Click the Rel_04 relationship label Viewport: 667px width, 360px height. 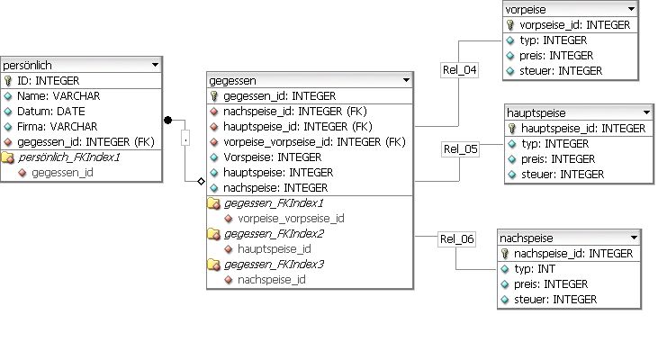click(x=459, y=69)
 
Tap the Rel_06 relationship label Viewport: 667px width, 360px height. click(x=455, y=238)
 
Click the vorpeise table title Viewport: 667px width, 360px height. click(x=527, y=9)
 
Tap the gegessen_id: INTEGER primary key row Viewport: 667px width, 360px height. click(x=279, y=96)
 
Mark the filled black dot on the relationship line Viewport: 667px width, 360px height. click(x=167, y=119)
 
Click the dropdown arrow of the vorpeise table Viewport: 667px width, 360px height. click(x=631, y=9)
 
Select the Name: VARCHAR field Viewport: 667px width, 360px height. click(x=59, y=96)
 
